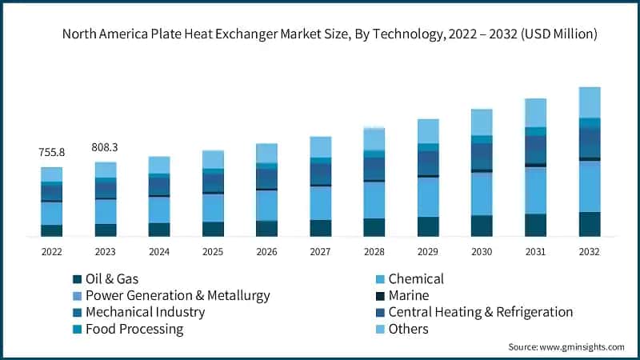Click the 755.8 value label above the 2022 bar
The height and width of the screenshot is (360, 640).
52,153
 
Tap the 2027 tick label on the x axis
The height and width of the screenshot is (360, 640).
320,251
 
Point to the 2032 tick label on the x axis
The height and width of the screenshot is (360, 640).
590,251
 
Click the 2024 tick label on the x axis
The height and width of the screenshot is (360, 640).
159,251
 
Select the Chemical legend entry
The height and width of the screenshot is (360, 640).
415,279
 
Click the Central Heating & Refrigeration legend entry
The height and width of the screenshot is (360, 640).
480,312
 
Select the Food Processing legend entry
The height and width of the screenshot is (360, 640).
134,329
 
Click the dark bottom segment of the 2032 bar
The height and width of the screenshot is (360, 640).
590,224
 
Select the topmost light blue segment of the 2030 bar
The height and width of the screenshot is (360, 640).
482,122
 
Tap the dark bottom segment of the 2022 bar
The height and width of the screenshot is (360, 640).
52,230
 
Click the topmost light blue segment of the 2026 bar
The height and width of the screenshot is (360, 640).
266,153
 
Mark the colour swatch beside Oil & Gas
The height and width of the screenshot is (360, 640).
77,279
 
